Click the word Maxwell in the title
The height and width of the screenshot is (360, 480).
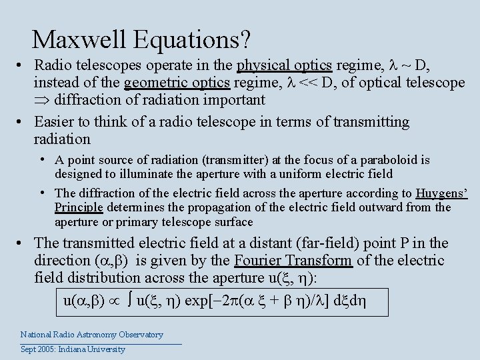[80, 40]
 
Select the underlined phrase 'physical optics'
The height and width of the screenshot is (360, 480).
[285, 65]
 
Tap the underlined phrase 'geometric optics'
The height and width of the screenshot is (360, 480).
[177, 83]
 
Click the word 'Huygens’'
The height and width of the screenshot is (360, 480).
[442, 193]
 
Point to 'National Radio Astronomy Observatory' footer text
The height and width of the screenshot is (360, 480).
[91, 335]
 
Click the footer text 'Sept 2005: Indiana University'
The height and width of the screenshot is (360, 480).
[73, 349]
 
